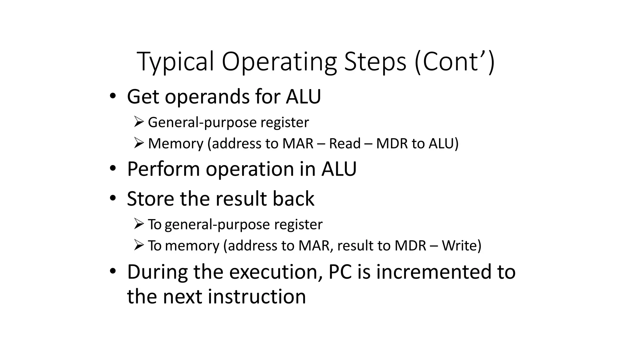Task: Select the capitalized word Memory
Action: pyautogui.click(x=176, y=143)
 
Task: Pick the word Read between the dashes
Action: pyautogui.click(x=345, y=143)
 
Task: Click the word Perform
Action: pyautogui.click(x=163, y=169)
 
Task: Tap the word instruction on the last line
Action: pyautogui.click(x=257, y=297)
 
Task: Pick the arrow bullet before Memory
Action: pyautogui.click(x=138, y=143)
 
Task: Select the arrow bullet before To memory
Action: pyautogui.click(x=138, y=245)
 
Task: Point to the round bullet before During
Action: pyautogui.click(x=113, y=271)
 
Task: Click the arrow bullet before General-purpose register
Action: pyautogui.click(x=138, y=122)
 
